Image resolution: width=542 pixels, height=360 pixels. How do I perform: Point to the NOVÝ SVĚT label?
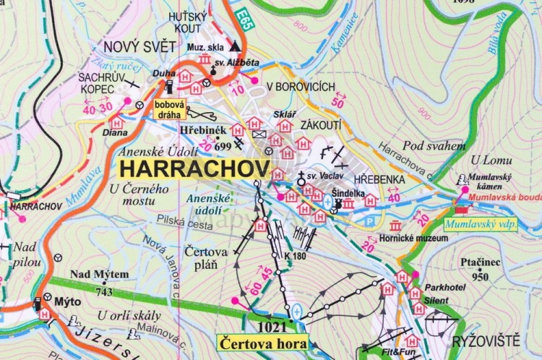pos(139,47)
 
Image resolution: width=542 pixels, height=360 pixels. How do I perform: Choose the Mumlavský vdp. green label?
pos(482,224)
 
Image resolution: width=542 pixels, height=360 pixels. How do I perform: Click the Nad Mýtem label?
pos(99,274)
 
